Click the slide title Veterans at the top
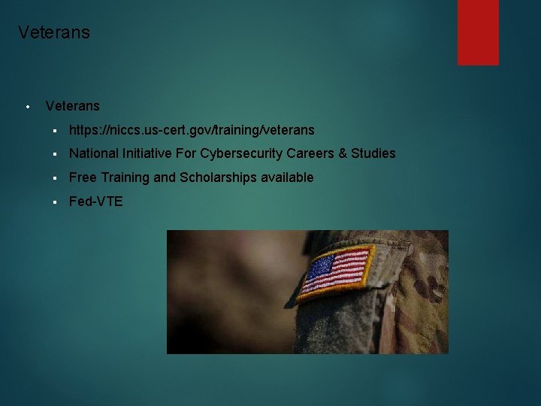(53, 32)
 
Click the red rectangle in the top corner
(478, 32)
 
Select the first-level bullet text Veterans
(72, 106)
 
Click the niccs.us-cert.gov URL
(192, 130)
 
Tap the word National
(93, 153)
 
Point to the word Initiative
(145, 153)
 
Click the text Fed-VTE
(96, 201)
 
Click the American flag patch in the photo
(335, 271)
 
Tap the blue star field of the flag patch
(322, 267)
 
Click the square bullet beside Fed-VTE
(56, 202)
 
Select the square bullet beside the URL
(56, 131)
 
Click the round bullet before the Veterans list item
(26, 107)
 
